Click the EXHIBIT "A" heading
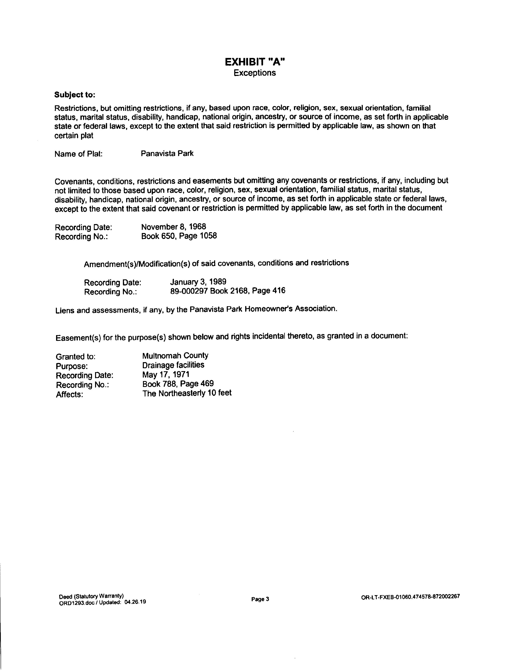click(255, 62)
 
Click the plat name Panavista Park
click(167, 153)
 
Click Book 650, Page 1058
click(179, 236)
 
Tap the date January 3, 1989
click(198, 282)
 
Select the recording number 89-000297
click(189, 291)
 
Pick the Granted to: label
click(76, 357)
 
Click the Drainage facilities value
click(173, 365)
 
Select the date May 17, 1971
click(166, 375)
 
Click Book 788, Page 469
click(178, 384)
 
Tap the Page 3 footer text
click(260, 599)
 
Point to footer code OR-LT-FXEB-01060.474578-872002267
click(410, 597)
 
